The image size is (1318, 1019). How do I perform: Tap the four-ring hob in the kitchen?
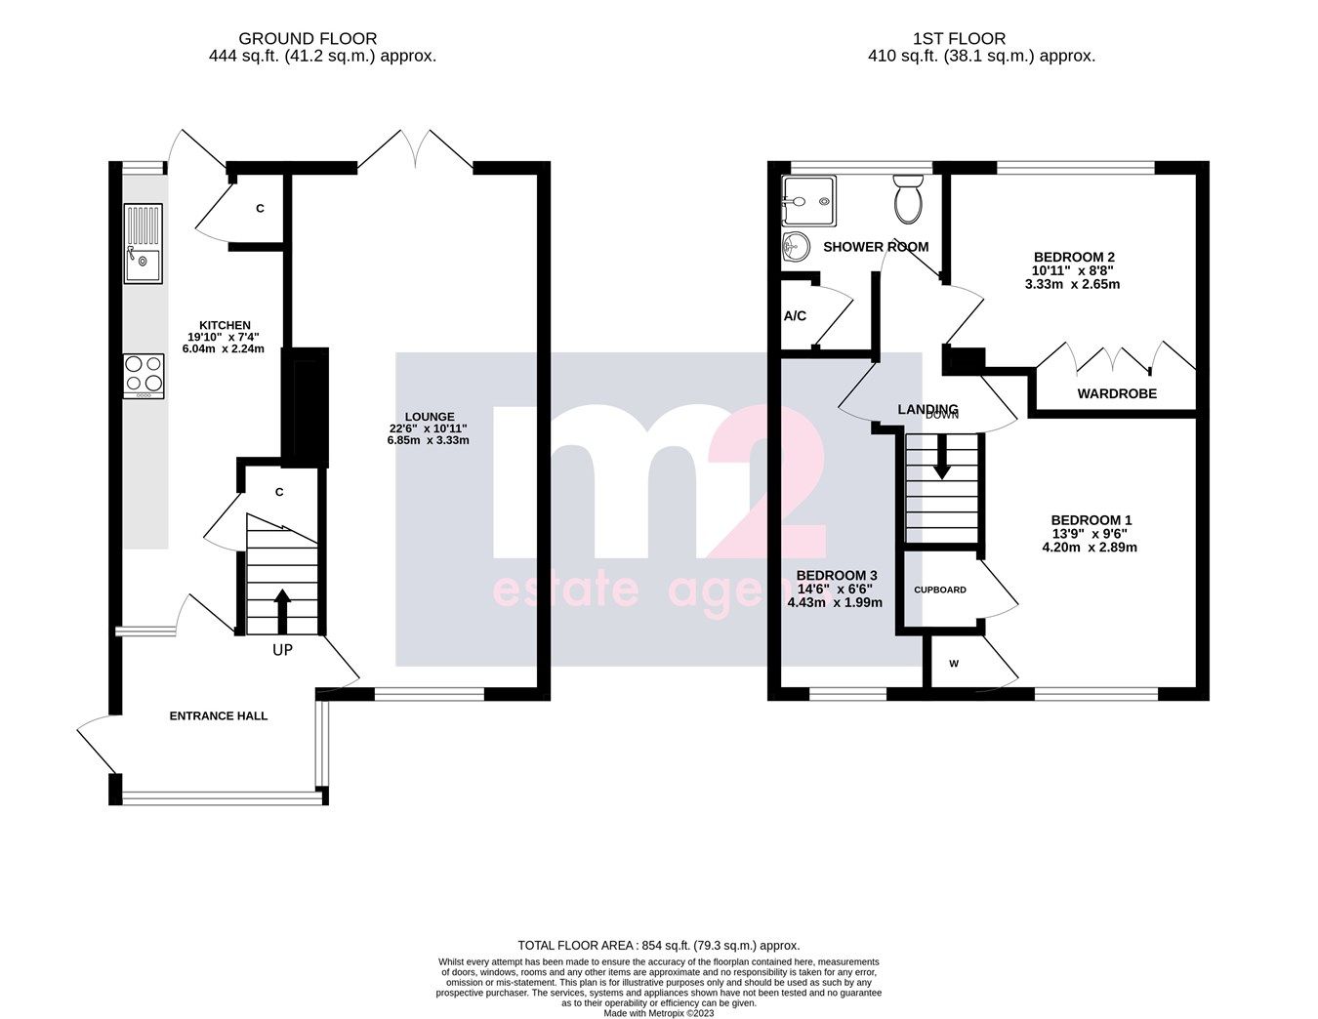(x=144, y=376)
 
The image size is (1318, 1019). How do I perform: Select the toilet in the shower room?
(x=908, y=198)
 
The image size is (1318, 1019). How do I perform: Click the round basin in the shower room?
(x=797, y=247)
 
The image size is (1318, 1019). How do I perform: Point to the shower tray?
(x=808, y=201)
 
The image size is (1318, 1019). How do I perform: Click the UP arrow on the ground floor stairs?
(x=282, y=610)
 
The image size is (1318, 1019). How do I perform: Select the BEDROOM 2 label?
(x=1073, y=257)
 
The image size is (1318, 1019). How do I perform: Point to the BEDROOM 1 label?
(x=1091, y=520)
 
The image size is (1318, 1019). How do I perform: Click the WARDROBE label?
(x=1117, y=394)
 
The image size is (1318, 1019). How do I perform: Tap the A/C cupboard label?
(x=795, y=316)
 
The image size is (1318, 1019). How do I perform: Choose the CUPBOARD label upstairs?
(x=940, y=590)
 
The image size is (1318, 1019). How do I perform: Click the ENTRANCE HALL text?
(x=219, y=715)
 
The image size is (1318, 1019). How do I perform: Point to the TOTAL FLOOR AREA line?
(x=658, y=945)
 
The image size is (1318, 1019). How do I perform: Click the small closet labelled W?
(x=954, y=665)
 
